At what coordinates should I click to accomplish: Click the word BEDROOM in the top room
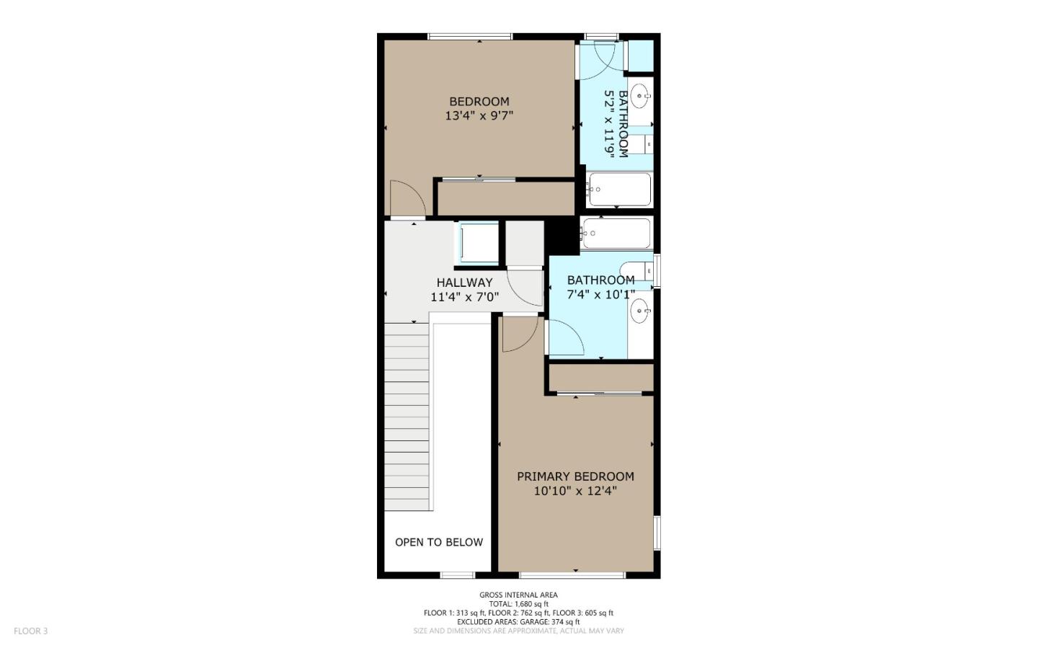(479, 102)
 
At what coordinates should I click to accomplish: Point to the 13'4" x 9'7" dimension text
(479, 115)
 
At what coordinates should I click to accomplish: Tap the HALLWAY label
(464, 283)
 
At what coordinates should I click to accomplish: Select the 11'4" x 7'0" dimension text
(464, 296)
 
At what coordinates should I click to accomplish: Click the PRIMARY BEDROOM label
(575, 476)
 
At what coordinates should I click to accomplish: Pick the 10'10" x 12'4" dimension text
(575, 491)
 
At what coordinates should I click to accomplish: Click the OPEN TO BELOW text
(438, 542)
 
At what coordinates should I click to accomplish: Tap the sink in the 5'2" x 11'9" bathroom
(640, 94)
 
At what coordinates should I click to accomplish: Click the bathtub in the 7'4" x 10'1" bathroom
(617, 233)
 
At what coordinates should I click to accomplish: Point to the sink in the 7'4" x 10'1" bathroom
(639, 311)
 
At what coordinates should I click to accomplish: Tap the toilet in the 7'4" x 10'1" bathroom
(637, 270)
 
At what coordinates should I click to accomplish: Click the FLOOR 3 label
(30, 631)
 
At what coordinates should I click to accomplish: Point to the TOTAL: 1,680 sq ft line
(518, 604)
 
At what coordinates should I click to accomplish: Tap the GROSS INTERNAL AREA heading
(518, 595)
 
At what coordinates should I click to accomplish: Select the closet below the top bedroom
(506, 198)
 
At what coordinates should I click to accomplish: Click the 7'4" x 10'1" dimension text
(600, 294)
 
